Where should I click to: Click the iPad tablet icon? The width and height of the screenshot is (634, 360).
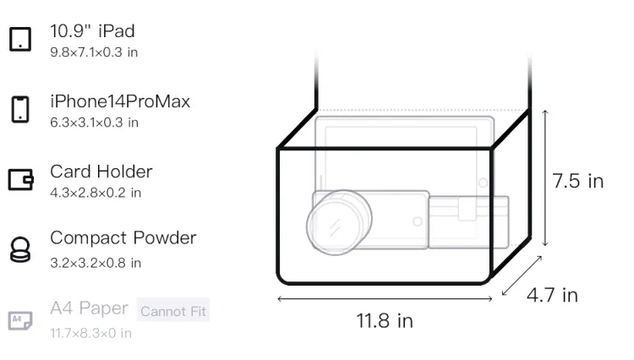20,39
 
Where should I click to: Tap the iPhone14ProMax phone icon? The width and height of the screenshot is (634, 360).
20,109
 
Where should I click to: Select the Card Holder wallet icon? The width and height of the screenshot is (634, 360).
20,179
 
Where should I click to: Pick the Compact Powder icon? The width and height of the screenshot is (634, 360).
20,250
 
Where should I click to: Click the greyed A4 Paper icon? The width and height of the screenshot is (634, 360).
20,320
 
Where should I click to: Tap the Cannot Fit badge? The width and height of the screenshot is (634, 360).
173,310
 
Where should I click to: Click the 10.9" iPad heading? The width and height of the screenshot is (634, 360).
92,31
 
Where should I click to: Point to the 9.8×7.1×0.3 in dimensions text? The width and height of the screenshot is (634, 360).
94,52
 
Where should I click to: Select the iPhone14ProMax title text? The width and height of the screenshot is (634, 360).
120,101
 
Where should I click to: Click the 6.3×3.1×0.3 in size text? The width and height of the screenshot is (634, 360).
94,123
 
